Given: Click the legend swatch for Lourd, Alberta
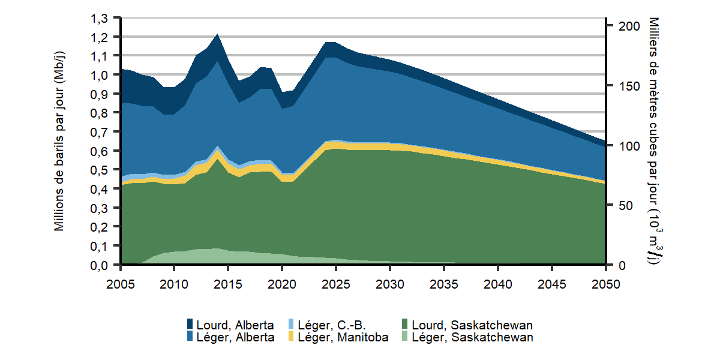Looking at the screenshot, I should pyautogui.click(x=191, y=325).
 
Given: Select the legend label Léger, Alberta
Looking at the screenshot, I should pyautogui.click(x=235, y=337).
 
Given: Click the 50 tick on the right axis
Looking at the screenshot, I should pyautogui.click(x=622, y=205).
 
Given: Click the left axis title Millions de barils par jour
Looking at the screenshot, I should pyautogui.click(x=59, y=142).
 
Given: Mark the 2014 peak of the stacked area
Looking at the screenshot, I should pyautogui.click(x=217, y=34).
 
